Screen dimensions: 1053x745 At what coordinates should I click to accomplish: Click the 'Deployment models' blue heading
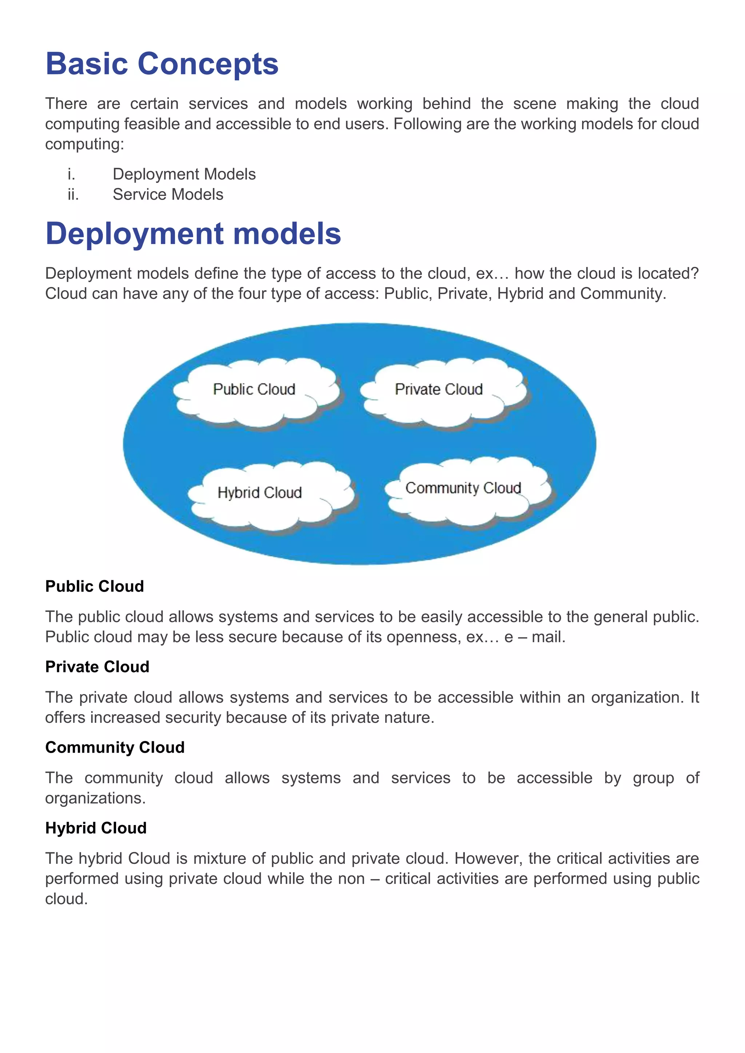pyautogui.click(x=193, y=233)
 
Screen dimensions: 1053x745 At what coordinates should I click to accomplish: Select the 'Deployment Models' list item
pyautogui.click(x=184, y=174)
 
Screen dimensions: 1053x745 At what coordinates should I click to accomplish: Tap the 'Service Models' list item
pyautogui.click(x=168, y=195)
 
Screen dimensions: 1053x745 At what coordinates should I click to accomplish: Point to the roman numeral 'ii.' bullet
pyautogui.click(x=73, y=195)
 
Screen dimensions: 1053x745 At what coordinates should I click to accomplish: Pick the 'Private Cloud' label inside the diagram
pyautogui.click(x=439, y=389)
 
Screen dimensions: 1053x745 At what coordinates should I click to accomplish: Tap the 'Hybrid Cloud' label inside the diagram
pyautogui.click(x=260, y=493)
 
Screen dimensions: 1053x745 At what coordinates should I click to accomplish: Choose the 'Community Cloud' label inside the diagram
pyautogui.click(x=463, y=488)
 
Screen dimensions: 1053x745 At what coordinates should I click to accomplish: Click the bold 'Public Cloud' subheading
pyautogui.click(x=95, y=586)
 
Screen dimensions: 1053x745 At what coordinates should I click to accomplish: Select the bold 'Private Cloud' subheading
pyautogui.click(x=97, y=667)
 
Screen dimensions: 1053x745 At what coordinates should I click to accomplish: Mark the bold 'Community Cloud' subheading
pyautogui.click(x=115, y=748)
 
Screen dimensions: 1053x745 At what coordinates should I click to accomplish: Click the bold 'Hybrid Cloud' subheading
pyautogui.click(x=96, y=828)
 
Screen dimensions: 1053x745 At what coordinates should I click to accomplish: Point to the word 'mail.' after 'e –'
pyautogui.click(x=549, y=637)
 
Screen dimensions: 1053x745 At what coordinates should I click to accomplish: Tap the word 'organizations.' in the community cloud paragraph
pyautogui.click(x=95, y=798)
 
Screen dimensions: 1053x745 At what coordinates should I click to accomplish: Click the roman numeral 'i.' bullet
pyautogui.click(x=71, y=174)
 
